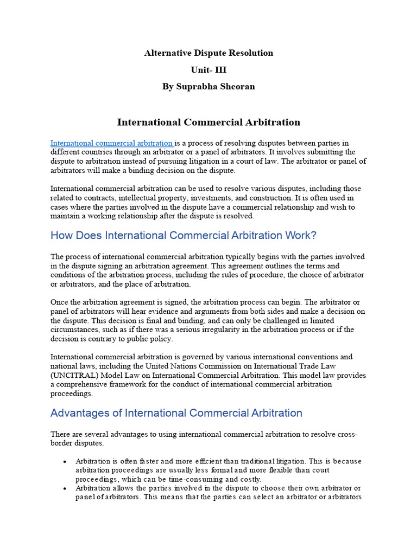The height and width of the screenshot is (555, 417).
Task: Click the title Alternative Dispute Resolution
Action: coord(208,53)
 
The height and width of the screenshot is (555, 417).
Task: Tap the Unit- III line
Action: coord(208,70)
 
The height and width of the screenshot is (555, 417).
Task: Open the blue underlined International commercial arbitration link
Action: coord(111,144)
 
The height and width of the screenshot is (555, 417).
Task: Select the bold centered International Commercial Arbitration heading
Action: coord(208,122)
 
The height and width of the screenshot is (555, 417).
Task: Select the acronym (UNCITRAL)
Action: coord(77,376)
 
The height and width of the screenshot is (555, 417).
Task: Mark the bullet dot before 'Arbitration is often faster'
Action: coord(64,461)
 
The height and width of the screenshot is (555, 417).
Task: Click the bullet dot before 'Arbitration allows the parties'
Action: coord(64,488)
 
